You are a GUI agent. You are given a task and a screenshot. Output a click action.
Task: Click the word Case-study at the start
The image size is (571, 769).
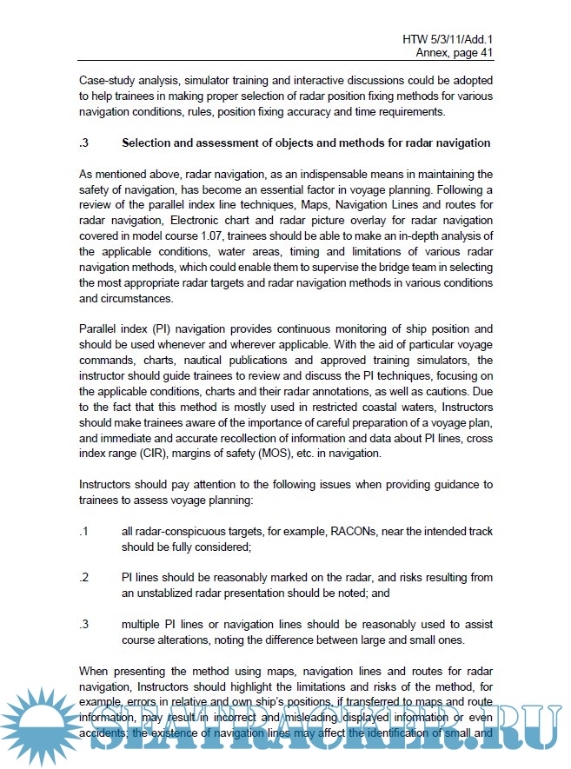pos(110,79)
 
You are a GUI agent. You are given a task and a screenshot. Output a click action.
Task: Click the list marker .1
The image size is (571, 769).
pos(84,532)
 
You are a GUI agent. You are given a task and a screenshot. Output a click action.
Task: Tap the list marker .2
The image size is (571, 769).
pos(84,578)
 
